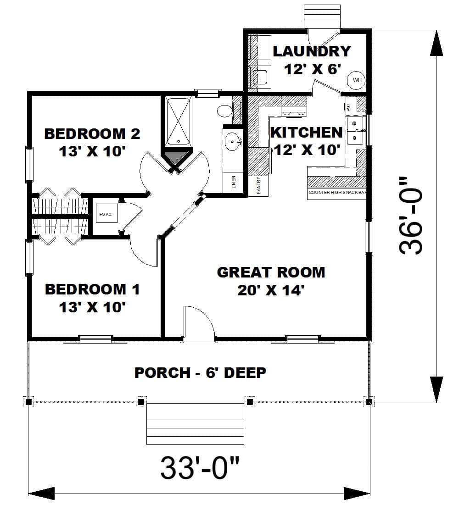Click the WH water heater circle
[357, 80]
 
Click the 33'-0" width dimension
[200, 467]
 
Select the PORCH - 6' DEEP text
[200, 372]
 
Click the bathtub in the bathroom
[177, 122]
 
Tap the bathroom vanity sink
[233, 141]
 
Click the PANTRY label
[259, 186]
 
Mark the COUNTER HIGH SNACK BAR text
[337, 193]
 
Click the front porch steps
[195, 424]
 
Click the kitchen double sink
[354, 130]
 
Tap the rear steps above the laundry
[322, 17]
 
